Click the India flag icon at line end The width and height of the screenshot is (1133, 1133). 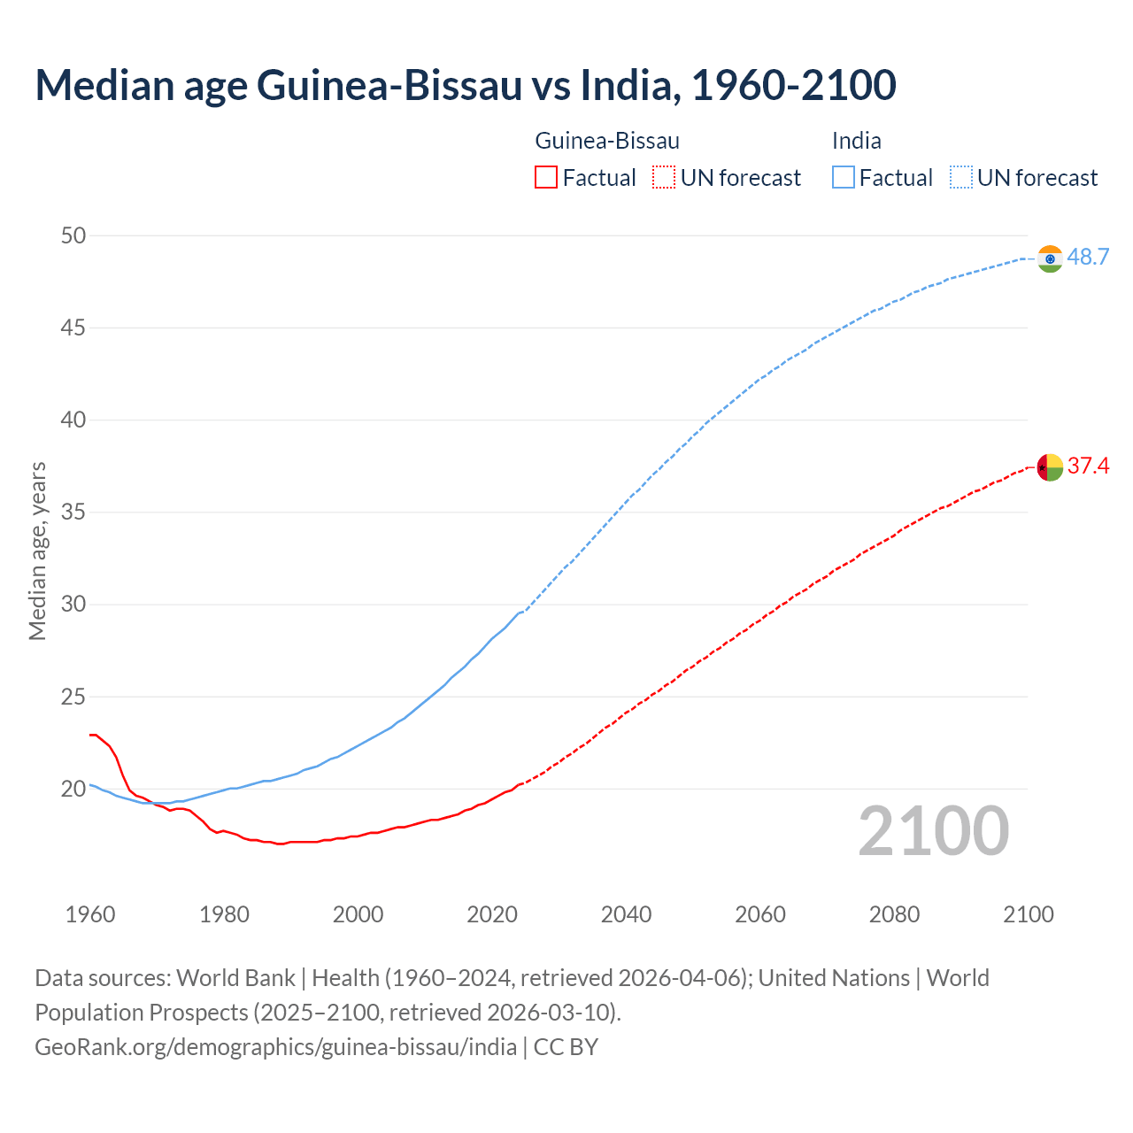(1050, 258)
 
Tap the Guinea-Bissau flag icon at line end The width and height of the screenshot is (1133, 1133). (1050, 466)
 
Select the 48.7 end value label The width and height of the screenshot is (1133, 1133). (1088, 258)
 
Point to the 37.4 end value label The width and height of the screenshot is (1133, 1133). (1088, 466)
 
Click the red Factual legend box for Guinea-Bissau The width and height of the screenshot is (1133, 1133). (546, 178)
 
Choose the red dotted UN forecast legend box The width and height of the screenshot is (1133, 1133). (664, 178)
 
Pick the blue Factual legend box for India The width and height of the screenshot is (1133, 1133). (844, 178)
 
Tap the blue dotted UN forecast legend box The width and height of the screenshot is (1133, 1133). (960, 178)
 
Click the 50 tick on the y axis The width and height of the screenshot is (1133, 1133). (73, 235)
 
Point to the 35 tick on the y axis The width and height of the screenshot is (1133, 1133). (73, 513)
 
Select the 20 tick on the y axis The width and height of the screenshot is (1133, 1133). (73, 789)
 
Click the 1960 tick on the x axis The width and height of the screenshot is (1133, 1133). (90, 914)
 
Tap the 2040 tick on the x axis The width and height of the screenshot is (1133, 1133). (626, 914)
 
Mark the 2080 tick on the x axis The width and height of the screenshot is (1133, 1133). (894, 914)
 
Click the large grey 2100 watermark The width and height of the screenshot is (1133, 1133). (934, 831)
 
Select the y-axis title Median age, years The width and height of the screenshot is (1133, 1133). (37, 551)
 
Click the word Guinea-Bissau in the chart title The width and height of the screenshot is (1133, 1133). (389, 85)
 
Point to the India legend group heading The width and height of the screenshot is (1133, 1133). (856, 141)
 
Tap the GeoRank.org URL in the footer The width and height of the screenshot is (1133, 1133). (275, 1046)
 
